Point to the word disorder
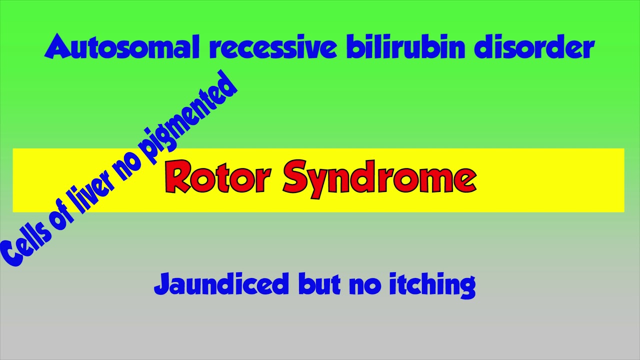tap(534, 48)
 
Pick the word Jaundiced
tap(221, 283)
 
